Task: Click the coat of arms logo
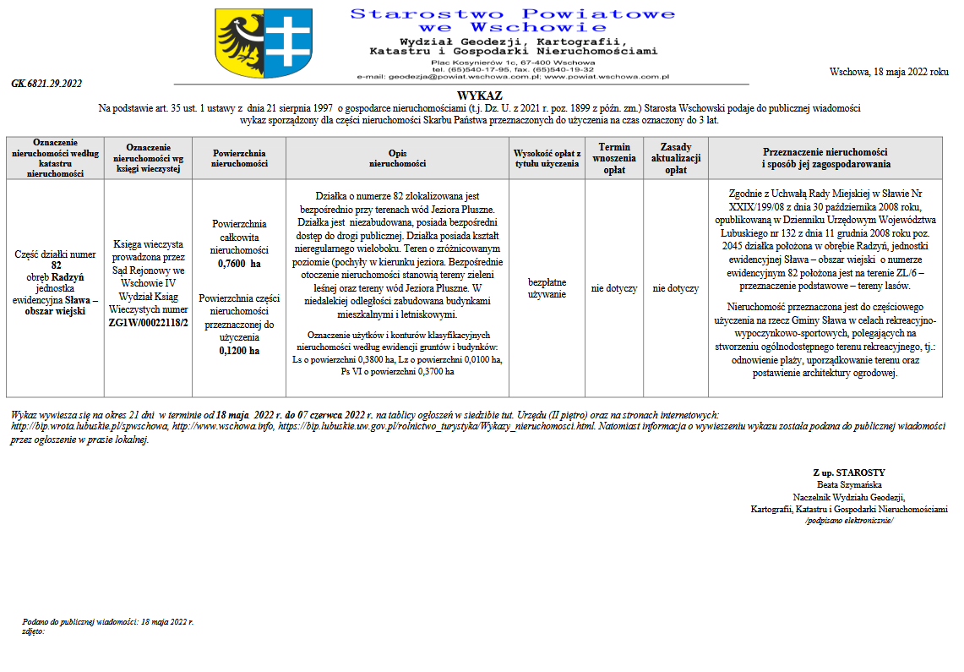242,45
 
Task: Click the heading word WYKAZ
480,96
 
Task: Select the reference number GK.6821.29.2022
46,84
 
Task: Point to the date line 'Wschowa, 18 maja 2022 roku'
889,72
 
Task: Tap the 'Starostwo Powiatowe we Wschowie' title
513,20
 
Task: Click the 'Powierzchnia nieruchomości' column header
239,158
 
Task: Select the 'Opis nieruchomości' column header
397,158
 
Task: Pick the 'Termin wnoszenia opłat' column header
615,158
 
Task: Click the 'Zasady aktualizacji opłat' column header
676,158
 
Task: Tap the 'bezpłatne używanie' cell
547,287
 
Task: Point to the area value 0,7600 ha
239,264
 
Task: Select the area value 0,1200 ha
239,350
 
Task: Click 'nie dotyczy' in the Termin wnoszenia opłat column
614,288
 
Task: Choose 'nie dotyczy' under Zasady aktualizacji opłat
676,288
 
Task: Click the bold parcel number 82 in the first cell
56,265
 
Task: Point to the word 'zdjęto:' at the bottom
33,631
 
